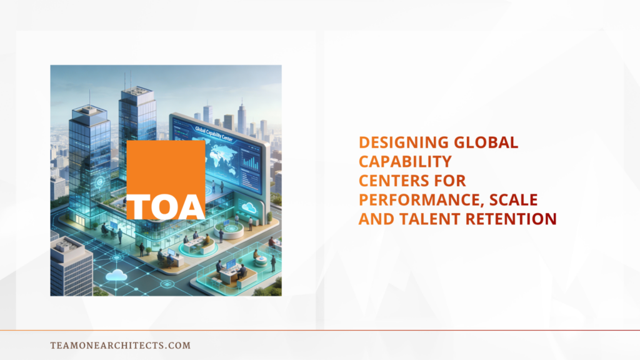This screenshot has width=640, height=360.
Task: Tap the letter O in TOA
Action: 166,207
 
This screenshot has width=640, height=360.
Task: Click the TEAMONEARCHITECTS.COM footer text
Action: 120,345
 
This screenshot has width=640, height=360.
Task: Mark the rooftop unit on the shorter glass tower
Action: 87,109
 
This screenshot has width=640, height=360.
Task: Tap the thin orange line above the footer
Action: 320,330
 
